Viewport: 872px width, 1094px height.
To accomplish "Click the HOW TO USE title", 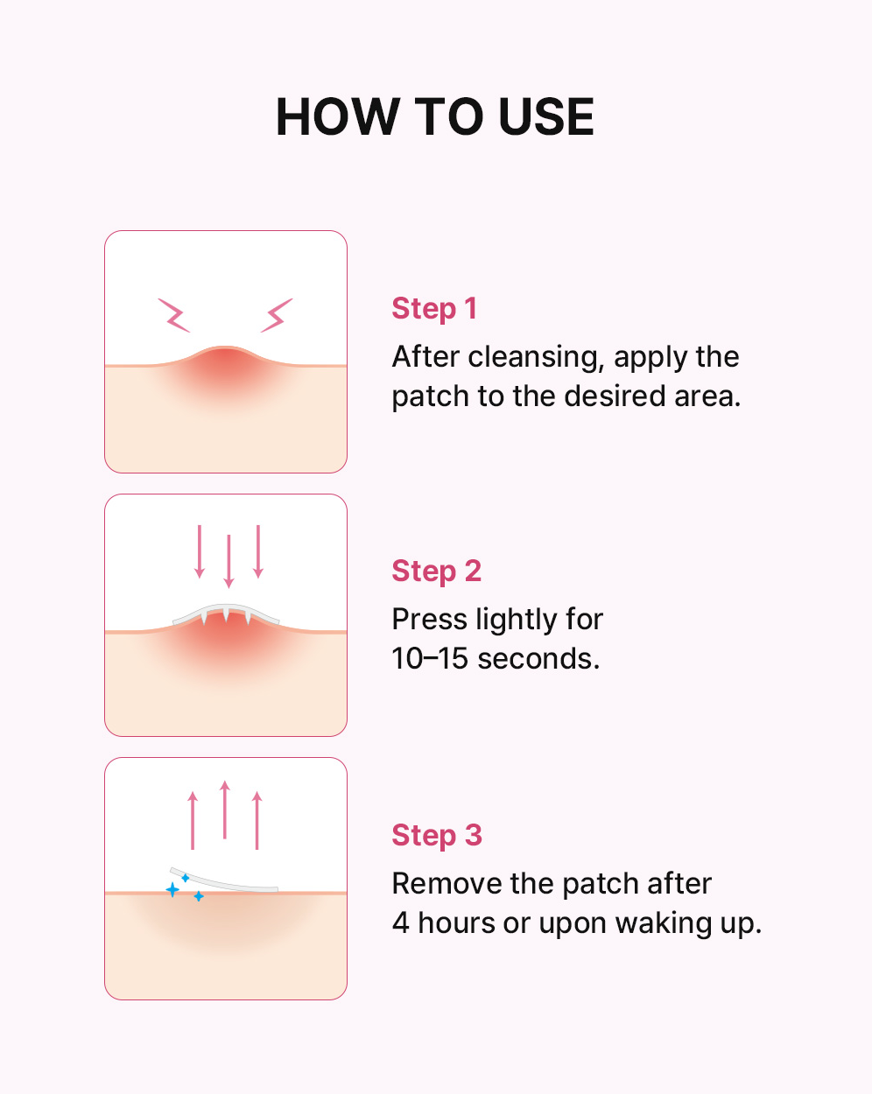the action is pos(435,117).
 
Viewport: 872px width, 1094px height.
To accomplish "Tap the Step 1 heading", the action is pos(434,309).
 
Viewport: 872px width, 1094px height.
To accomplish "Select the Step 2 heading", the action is pos(436,571).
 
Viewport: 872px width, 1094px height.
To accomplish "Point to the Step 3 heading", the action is pos(437,835).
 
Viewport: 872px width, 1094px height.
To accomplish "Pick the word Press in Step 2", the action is pos(430,619).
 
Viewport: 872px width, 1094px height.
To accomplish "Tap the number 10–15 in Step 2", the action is pos(430,658).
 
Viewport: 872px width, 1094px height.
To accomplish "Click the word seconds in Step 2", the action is pos(539,659).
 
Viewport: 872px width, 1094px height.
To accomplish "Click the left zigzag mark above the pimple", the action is pos(174,315).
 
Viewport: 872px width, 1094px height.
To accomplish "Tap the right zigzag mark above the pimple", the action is pos(277,315).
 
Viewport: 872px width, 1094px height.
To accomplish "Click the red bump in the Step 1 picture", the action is pos(226,367).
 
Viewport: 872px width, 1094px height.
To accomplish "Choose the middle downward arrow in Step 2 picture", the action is pos(229,561).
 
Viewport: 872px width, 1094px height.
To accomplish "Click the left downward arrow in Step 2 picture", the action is pos(200,551).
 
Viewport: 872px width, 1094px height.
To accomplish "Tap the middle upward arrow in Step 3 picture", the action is pos(225,810).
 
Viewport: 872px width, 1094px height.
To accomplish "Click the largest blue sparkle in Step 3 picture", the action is pos(172,889).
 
